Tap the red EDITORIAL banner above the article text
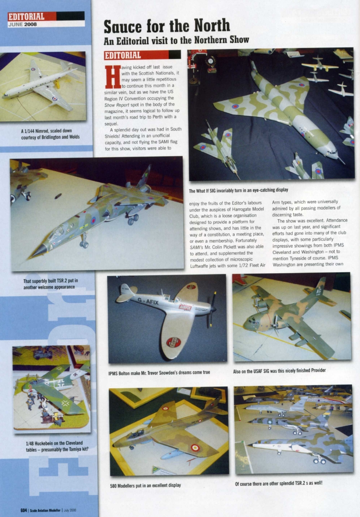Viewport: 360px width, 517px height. [x=143, y=55]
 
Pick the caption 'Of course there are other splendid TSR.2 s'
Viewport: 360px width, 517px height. [x=279, y=483]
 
